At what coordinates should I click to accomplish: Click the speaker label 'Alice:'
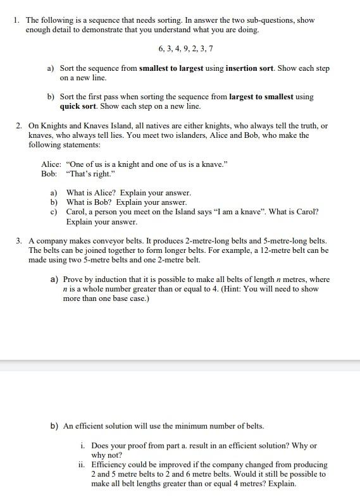(51, 164)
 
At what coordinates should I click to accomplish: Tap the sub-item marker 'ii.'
(82, 465)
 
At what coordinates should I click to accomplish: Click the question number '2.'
(20, 126)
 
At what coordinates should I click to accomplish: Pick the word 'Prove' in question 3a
(73, 279)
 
